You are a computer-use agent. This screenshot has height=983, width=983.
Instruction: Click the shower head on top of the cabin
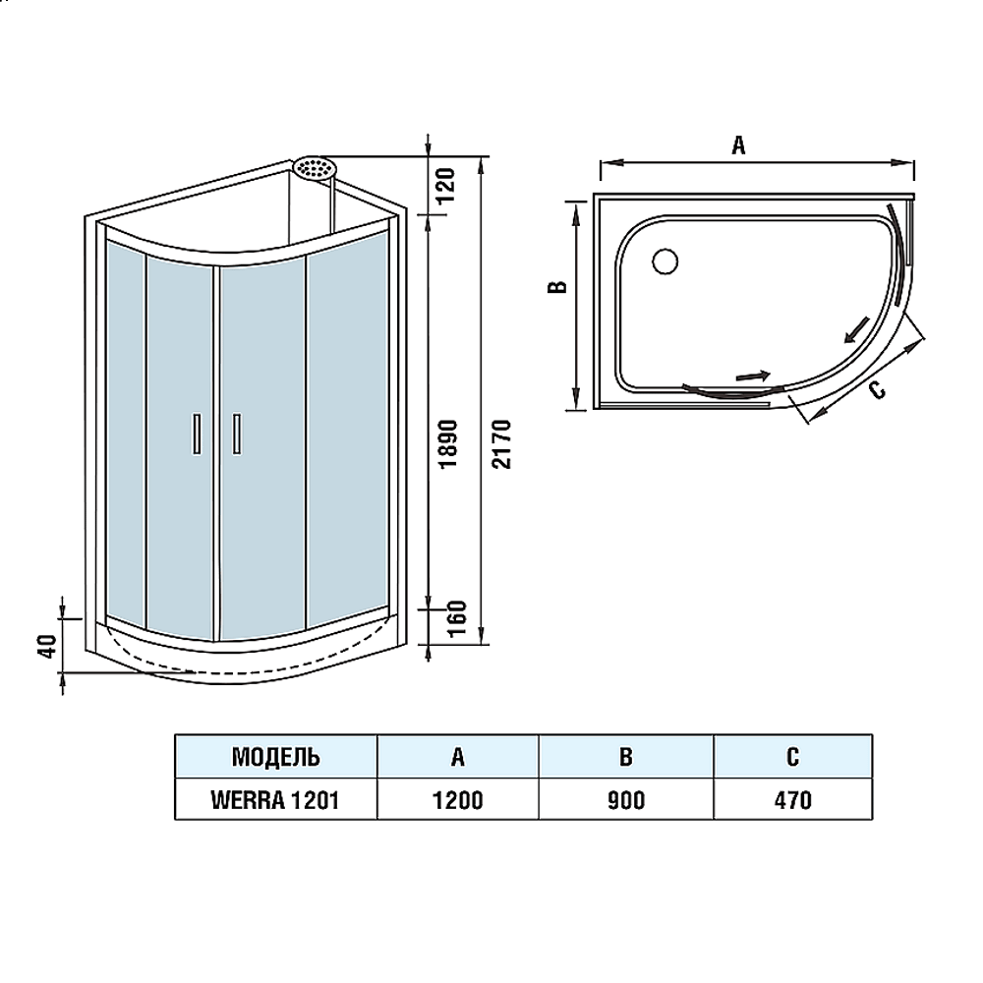point(316,168)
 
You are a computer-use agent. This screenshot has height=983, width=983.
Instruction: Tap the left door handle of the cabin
point(197,434)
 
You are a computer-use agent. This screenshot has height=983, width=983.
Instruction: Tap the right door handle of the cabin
point(237,434)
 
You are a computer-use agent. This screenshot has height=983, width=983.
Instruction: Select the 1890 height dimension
point(449,443)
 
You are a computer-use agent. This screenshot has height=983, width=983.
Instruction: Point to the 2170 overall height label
point(502,444)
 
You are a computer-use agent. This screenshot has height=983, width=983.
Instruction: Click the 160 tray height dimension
point(458,618)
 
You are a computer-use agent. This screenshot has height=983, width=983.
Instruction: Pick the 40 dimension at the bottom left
point(47,645)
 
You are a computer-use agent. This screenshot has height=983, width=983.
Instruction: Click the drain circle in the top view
point(665,260)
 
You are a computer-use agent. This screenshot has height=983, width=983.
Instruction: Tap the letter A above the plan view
point(738,145)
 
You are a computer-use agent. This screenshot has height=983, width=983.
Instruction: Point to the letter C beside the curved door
point(877,390)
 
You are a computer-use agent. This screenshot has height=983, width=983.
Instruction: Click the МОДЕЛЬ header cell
point(276,757)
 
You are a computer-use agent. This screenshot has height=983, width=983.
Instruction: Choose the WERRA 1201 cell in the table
point(276,800)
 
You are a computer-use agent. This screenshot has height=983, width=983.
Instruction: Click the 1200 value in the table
point(458,800)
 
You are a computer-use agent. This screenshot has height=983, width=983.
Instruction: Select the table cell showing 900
point(625,800)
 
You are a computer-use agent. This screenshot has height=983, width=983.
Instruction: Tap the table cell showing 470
point(792,800)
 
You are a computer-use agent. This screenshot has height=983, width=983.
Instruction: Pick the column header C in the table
point(792,757)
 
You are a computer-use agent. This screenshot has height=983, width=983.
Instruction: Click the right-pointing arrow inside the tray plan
point(752,376)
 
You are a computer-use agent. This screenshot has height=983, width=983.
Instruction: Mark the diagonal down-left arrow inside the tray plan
point(856,330)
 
